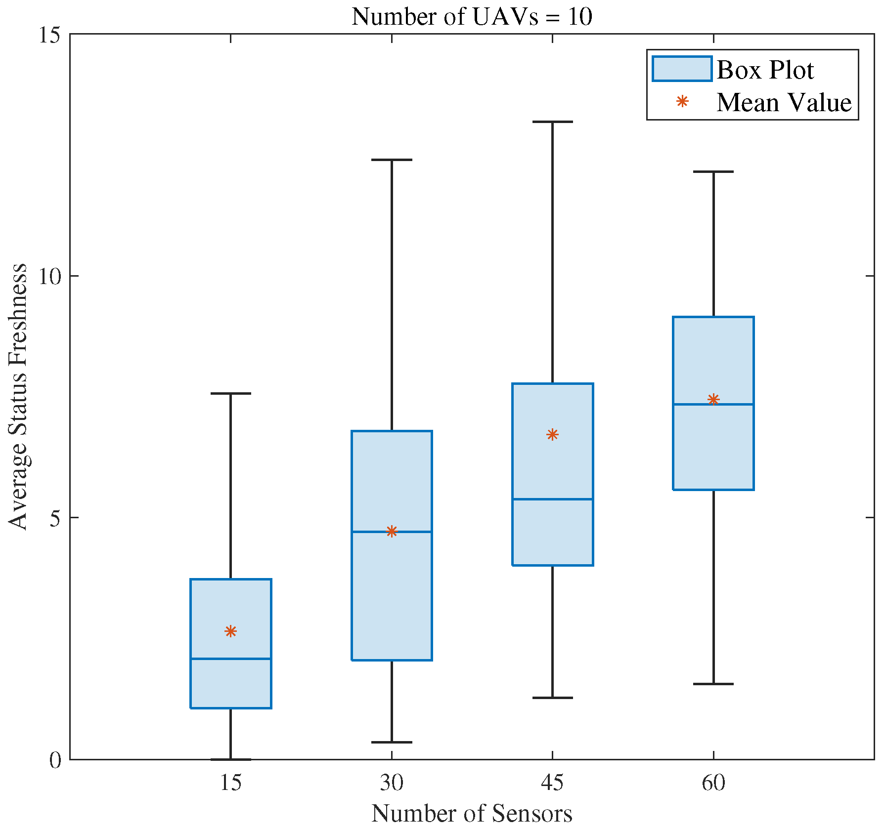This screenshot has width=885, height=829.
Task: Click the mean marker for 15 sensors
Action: [231, 631]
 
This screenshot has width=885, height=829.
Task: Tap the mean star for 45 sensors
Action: [552, 434]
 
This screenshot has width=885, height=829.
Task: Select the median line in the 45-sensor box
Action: [552, 499]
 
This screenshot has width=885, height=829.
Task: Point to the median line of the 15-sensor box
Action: [231, 659]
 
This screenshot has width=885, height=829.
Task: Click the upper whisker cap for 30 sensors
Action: [392, 160]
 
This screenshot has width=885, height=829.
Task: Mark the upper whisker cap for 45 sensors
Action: [552, 122]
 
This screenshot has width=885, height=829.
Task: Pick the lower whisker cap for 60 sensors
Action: [713, 684]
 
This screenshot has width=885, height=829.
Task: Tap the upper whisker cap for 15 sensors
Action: [231, 393]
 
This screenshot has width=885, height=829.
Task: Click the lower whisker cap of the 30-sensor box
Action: [392, 742]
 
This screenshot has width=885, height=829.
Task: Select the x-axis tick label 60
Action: [713, 784]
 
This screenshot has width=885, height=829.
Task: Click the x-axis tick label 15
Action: [231, 784]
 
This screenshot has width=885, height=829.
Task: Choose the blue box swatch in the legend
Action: [681, 69]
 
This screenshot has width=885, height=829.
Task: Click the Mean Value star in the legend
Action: [682, 102]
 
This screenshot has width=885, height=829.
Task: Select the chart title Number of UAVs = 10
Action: [472, 17]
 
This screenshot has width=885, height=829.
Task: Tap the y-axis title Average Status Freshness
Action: [18, 397]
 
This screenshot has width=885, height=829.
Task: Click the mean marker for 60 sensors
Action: [713, 399]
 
